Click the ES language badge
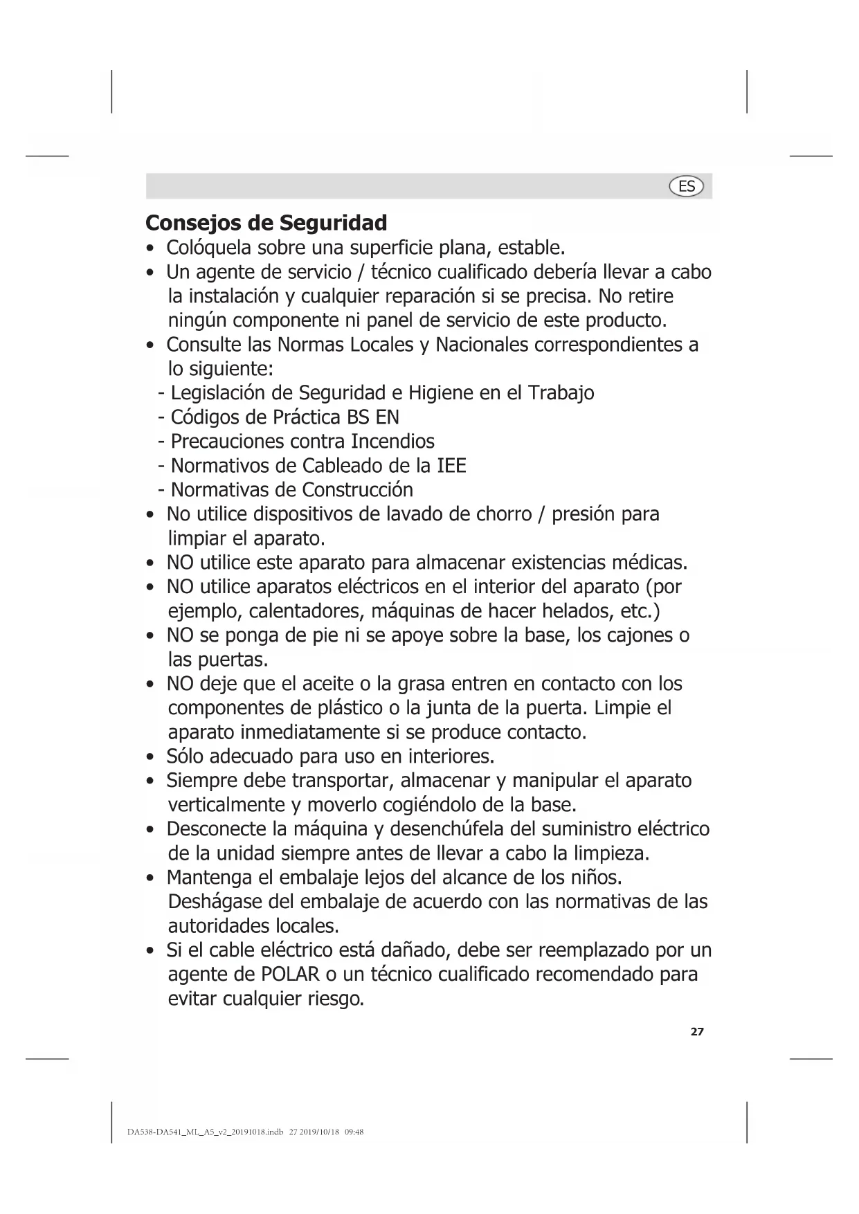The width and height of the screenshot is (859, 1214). click(x=686, y=186)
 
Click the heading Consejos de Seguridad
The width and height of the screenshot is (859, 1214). click(x=266, y=223)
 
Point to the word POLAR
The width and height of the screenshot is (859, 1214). click(x=290, y=975)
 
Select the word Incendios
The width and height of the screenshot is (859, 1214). click(x=392, y=442)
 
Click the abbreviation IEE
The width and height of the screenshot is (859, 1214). click(x=451, y=466)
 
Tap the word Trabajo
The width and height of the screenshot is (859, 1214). click(x=561, y=393)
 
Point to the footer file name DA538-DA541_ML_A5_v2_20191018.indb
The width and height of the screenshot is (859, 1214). click(x=206, y=1133)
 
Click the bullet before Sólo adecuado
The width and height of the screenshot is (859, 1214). click(x=150, y=757)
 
